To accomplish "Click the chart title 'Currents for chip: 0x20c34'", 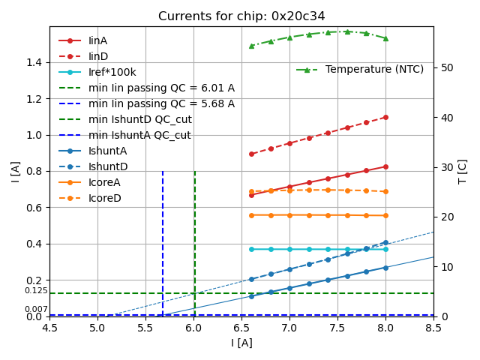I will [241, 16].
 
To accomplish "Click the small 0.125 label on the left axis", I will [36, 291].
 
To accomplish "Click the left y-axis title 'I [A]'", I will [15, 171].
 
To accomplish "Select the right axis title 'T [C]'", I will [463, 171].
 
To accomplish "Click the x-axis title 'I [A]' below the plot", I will [241, 343].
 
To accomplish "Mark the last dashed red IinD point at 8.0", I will [385, 117].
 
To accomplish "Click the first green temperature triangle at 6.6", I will [251, 46].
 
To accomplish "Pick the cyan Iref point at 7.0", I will [289, 249].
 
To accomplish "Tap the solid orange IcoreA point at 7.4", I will [328, 215].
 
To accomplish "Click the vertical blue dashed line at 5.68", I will [163, 240].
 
